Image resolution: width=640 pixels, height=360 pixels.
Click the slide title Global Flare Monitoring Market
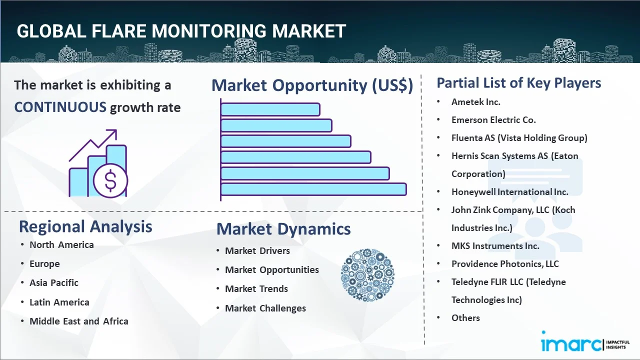tap(181, 31)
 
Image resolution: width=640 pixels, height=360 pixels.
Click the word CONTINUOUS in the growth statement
tap(60, 107)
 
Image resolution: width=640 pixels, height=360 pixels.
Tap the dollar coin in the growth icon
tap(110, 181)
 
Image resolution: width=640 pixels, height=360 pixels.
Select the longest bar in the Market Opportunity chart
tap(313, 189)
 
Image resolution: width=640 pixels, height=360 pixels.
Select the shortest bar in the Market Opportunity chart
tap(270, 109)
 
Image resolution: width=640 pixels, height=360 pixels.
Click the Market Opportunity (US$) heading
tap(312, 85)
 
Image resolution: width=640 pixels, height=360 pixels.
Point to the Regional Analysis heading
tap(85, 226)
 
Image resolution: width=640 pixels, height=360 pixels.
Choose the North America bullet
tap(61, 244)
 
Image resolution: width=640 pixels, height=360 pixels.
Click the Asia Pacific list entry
tap(54, 282)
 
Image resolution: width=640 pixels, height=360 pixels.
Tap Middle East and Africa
tap(79, 321)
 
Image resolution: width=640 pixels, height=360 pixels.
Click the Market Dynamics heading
tap(283, 229)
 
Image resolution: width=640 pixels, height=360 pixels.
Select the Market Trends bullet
tap(256, 288)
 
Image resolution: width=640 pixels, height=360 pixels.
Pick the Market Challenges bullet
tap(265, 308)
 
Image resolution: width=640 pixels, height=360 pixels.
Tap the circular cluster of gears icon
tap(367, 275)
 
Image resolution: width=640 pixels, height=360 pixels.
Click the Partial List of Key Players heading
tap(519, 82)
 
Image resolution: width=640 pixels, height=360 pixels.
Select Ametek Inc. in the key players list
tap(475, 102)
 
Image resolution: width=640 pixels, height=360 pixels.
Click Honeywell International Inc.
tap(509, 191)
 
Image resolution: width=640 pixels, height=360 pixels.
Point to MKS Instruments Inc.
tap(495, 245)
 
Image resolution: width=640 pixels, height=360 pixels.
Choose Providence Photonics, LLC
tap(505, 263)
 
